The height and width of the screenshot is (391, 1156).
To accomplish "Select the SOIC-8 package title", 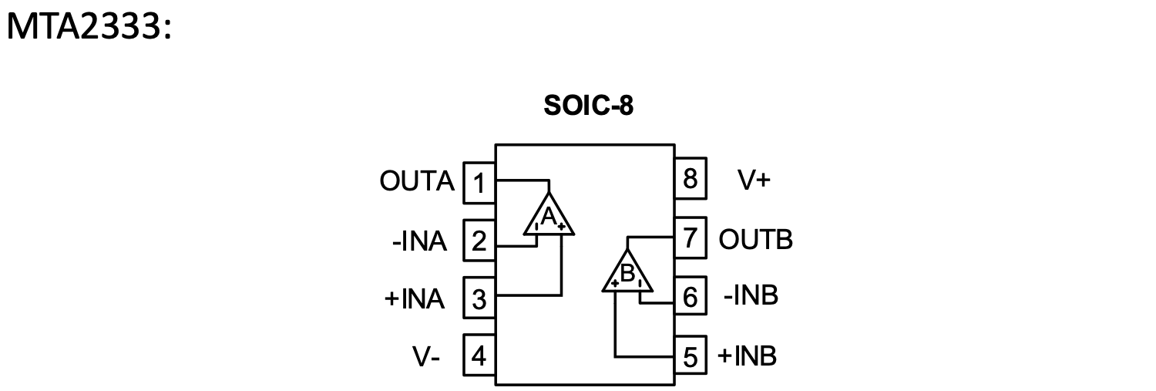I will click(x=588, y=106).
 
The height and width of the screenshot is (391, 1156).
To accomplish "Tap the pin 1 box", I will click(x=479, y=183).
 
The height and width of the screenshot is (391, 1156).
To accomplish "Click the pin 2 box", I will click(x=479, y=241).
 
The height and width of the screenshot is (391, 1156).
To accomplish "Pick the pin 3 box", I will click(x=479, y=298).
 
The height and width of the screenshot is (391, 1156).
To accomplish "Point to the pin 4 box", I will click(x=479, y=356).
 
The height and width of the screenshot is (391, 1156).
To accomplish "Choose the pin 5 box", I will click(x=691, y=357).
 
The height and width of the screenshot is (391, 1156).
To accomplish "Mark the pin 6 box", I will click(x=691, y=298).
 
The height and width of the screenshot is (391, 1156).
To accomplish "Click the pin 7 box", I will click(x=691, y=238).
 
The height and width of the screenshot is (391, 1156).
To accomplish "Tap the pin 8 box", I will click(x=691, y=180).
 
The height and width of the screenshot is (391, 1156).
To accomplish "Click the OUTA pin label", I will click(x=417, y=182).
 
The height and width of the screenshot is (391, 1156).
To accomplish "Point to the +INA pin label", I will click(x=415, y=299).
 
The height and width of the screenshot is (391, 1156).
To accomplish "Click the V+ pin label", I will click(x=753, y=180).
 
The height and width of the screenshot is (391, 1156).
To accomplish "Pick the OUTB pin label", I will click(x=755, y=240).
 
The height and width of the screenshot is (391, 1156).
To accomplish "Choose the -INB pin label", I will click(x=751, y=296).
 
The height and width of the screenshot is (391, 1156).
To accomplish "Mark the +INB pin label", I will click(x=747, y=356).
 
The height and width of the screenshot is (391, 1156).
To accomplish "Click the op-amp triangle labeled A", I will click(x=549, y=217).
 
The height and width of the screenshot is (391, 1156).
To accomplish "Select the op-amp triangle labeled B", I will click(x=627, y=273).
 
